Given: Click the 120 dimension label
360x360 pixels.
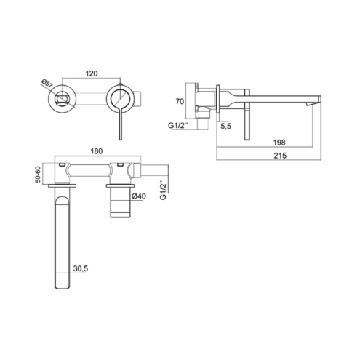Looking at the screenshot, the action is [x=92, y=73].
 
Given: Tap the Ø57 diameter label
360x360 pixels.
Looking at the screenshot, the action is [x=47, y=84].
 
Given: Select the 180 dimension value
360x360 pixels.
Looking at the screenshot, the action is [x=97, y=151].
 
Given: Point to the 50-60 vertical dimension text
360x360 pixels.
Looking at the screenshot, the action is [x=39, y=174].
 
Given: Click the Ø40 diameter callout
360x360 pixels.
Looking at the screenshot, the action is [x=139, y=196].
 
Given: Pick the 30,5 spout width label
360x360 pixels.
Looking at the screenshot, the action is [x=81, y=268].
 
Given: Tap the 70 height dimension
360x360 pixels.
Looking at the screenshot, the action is [x=180, y=101].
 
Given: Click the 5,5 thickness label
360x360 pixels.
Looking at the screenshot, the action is [x=225, y=126].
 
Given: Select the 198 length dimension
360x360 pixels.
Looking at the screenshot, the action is [x=279, y=143].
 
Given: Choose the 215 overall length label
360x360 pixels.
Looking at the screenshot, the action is [x=280, y=156].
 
